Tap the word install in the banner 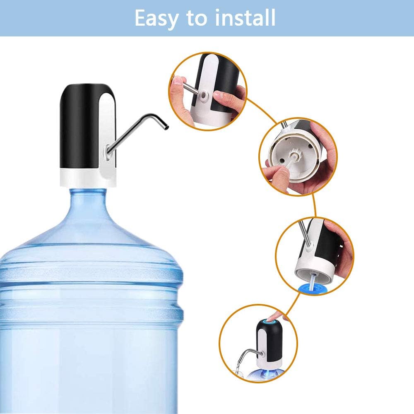pos(245,17)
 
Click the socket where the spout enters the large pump pos(107,152)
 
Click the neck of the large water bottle pos(89,201)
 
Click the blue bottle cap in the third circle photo pos(313,289)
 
